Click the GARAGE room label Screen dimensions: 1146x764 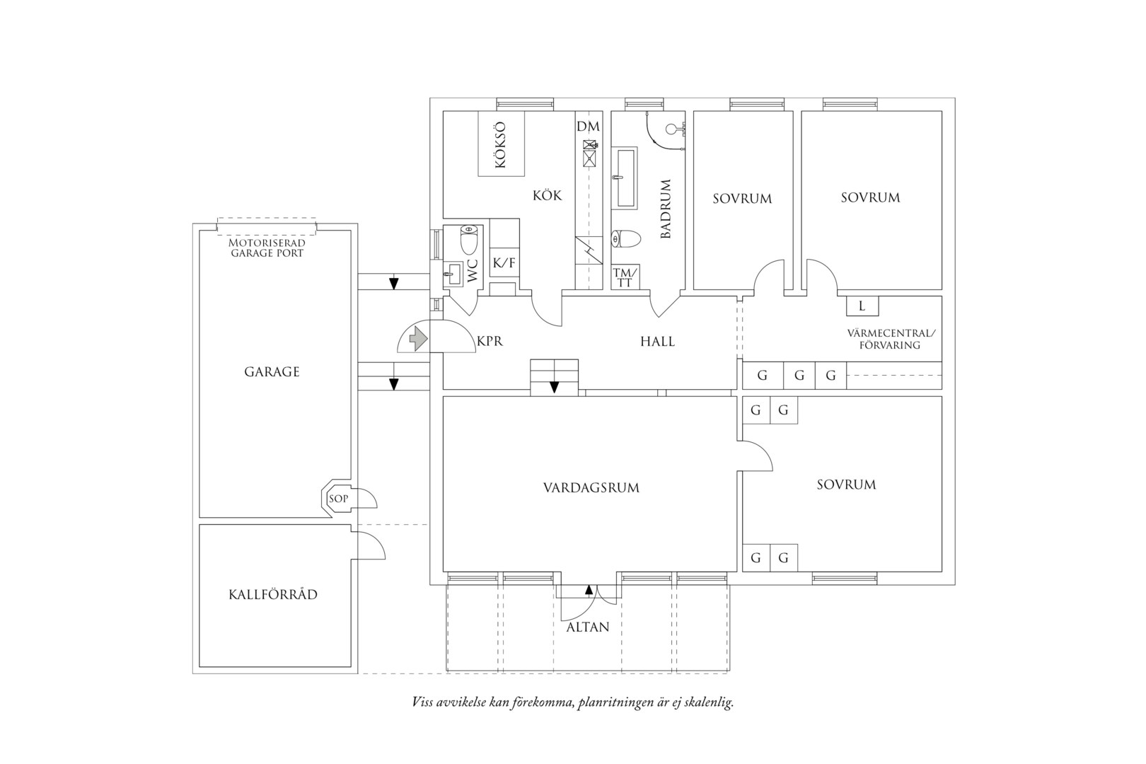(272, 372)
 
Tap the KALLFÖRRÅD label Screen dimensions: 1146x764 (273, 595)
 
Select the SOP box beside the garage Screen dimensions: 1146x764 (337, 498)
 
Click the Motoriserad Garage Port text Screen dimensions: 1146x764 (267, 248)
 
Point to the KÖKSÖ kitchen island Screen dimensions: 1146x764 (501, 144)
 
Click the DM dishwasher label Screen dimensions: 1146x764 (588, 127)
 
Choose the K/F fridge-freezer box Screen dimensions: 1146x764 (504, 262)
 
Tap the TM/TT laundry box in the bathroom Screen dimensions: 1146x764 (625, 277)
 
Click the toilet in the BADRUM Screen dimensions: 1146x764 (626, 238)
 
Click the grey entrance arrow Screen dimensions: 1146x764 (419, 339)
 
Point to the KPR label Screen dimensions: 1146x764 (490, 341)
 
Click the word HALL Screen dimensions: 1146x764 (657, 341)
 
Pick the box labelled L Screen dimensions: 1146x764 (862, 306)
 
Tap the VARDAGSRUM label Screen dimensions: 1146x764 (591, 487)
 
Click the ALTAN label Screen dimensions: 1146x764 (588, 627)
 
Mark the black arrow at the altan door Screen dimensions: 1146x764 (589, 589)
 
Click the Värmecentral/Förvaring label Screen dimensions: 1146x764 (891, 340)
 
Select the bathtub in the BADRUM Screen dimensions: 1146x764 (625, 178)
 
